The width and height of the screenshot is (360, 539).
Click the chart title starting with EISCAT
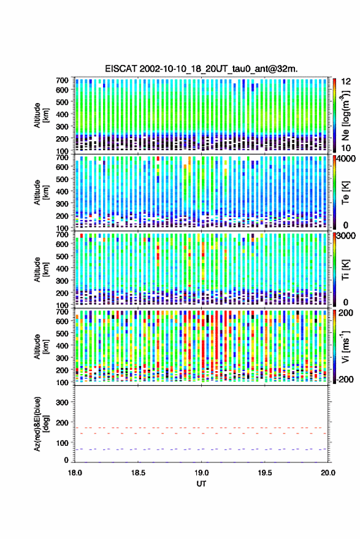tap(201, 69)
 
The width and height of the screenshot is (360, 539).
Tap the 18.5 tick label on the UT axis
tap(138, 473)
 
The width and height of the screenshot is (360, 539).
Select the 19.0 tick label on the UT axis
tap(202, 473)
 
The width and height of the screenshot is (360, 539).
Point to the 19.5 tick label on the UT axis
tap(265, 473)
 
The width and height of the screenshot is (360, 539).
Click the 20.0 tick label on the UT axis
tap(328, 473)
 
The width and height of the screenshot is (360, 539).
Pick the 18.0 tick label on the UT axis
tap(75, 473)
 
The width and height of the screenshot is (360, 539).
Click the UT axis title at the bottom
tap(202, 484)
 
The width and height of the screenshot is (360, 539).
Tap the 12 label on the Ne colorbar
tap(346, 82)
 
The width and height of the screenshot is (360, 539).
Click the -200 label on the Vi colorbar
tap(345, 380)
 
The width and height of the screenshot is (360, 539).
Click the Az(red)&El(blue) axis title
tap(40, 424)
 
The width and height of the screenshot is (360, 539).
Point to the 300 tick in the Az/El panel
tap(62, 402)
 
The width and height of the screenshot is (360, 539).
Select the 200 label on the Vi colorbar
tap(346, 313)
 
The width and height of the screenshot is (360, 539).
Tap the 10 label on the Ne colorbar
tap(346, 148)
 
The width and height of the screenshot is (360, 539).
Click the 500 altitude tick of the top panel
tap(62, 102)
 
